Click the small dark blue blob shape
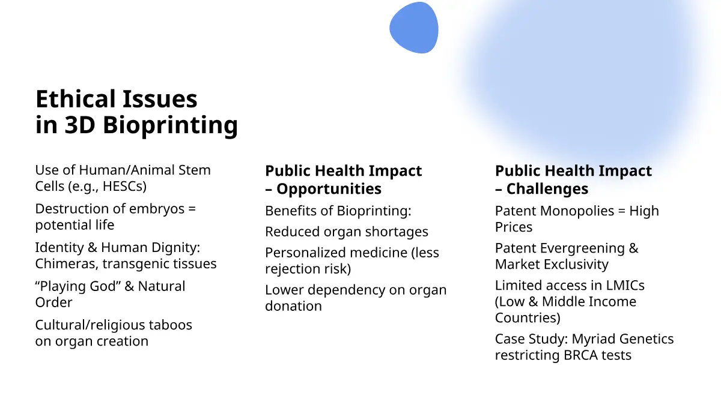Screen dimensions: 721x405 (x=414, y=28)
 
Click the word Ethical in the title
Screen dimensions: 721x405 (x=76, y=98)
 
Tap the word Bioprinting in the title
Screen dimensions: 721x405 (x=170, y=125)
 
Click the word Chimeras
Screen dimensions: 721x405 (x=67, y=263)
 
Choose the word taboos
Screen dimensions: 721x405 (x=170, y=325)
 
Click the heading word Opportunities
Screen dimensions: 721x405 (x=329, y=189)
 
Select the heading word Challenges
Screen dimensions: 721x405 (x=547, y=189)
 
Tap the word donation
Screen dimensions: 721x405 (x=293, y=306)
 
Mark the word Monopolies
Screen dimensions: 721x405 (x=577, y=211)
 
